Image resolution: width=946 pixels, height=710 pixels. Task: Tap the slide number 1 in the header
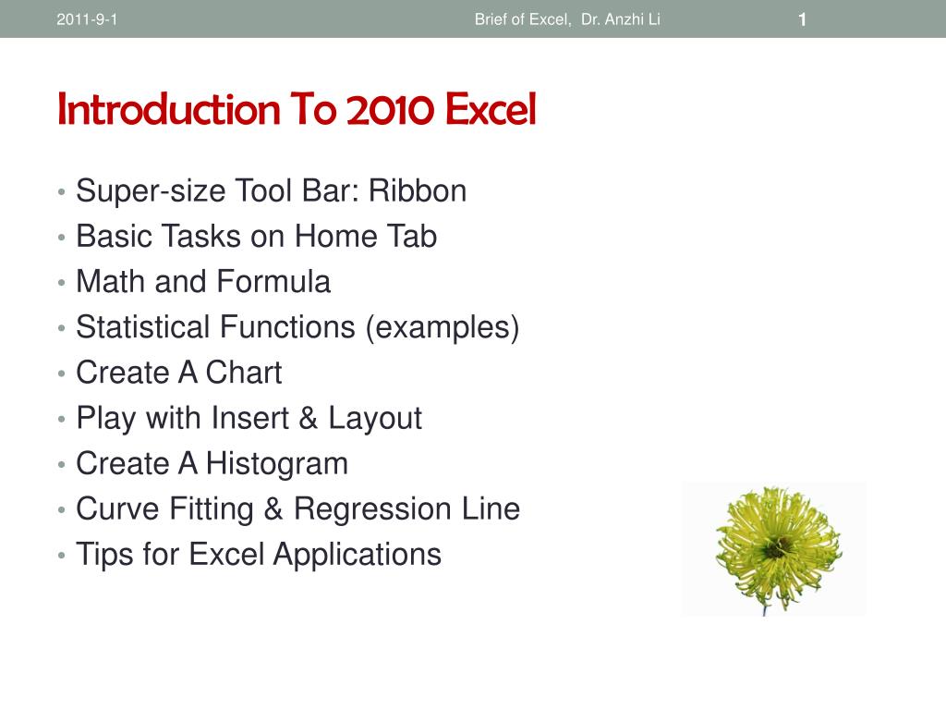pos(803,19)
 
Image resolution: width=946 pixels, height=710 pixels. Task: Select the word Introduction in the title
pos(169,110)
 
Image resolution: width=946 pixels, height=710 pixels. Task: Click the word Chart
pos(244,373)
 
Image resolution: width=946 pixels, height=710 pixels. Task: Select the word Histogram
pos(277,463)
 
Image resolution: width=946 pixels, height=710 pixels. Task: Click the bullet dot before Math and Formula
pos(60,283)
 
